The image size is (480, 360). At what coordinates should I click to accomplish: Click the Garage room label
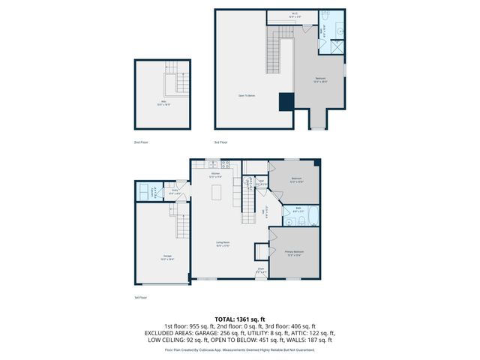pos(166,256)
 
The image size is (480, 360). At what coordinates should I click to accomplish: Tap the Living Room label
pos(222,244)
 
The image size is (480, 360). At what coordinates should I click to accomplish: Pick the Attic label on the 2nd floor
pos(162,103)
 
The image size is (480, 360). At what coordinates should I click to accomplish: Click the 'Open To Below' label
pos(247,96)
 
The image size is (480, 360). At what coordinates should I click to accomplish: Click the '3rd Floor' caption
pos(220,141)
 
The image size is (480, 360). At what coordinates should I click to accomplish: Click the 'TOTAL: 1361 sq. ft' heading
pos(240,319)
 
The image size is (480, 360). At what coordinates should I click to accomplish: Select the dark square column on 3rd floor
pos(286,102)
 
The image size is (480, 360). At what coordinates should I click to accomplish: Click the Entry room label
pos(174,191)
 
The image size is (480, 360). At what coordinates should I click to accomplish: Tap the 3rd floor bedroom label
pos(320,80)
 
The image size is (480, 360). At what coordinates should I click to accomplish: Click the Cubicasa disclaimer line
pos(240,349)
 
